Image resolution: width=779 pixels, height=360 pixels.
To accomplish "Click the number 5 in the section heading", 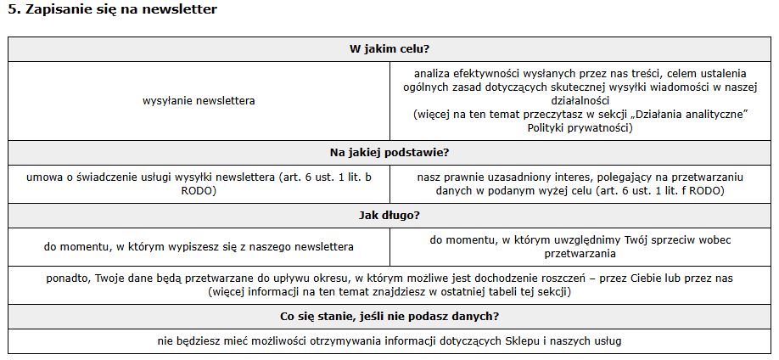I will pos(12,9).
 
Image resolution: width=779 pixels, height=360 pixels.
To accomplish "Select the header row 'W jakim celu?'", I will pos(389,48).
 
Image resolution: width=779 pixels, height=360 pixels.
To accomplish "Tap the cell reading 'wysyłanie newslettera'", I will pos(199,100).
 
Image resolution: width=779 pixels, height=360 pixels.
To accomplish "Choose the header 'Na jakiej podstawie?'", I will pos(389,153).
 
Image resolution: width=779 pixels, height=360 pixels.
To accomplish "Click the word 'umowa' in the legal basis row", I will pos(43,177).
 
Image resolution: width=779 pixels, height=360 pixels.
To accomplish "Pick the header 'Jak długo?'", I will pos(389,216).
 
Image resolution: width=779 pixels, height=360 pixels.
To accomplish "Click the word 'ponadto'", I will pos(68,278).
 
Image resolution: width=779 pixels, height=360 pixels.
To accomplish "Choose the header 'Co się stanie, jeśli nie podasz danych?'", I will pos(389,317).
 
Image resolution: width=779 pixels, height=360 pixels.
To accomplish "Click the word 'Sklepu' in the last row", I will pos(507,341).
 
